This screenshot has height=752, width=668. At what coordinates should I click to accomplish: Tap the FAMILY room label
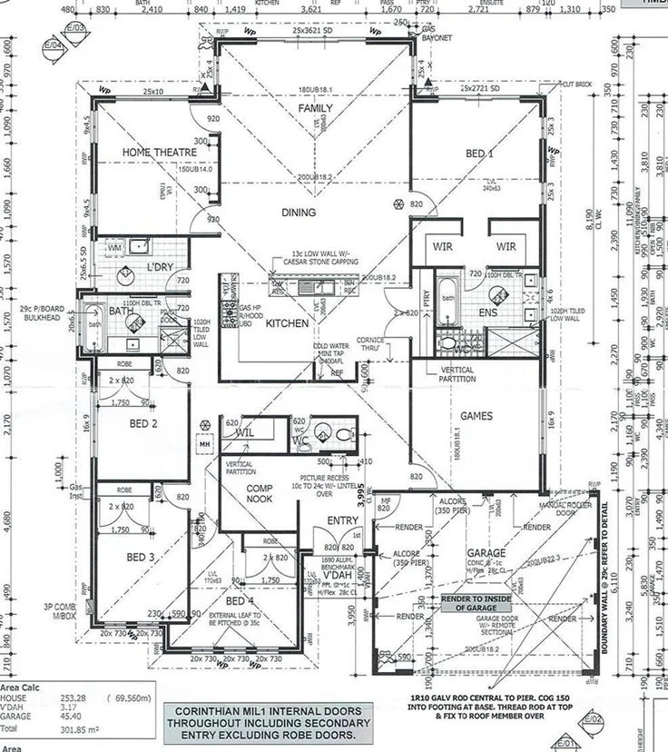click(x=317, y=109)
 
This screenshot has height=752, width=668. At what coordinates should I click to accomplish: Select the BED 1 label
click(x=479, y=154)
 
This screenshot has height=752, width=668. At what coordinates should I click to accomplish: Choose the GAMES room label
click(x=476, y=417)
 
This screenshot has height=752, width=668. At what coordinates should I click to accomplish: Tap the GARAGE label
click(x=486, y=553)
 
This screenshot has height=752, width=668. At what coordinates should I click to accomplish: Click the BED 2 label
click(x=142, y=424)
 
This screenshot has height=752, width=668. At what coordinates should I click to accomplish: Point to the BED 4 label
click(x=240, y=601)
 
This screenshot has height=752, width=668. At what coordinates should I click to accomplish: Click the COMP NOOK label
click(x=244, y=492)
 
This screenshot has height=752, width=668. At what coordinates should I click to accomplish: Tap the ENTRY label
click(x=343, y=521)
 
